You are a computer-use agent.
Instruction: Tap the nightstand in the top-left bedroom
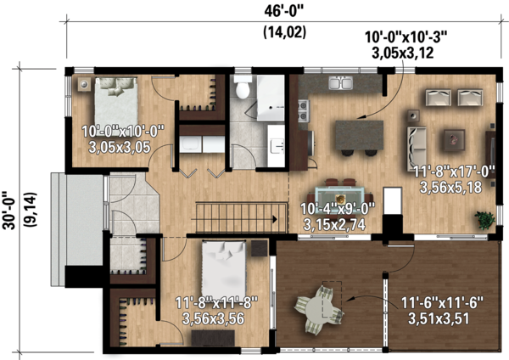[x=84, y=84]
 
